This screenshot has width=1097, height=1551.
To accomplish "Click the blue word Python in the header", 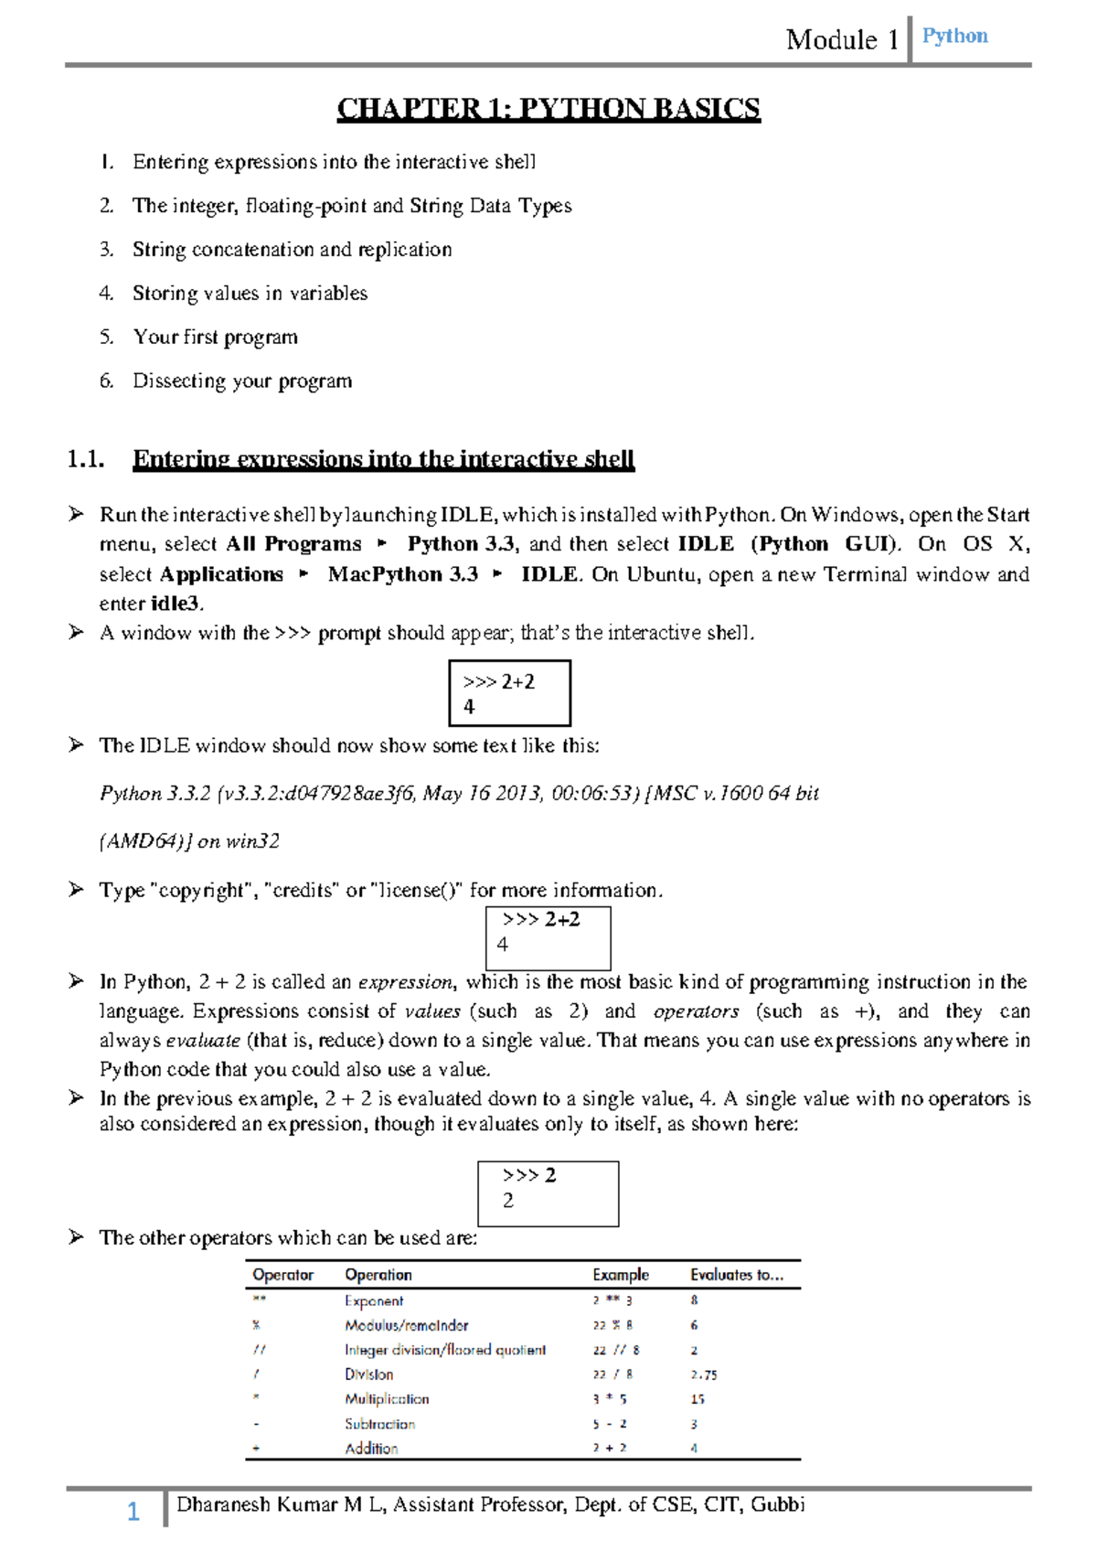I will pos(954,36).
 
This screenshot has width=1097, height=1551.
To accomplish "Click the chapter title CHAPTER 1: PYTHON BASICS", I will pos(548,109).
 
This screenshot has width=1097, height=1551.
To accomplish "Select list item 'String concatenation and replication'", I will pos(292,249).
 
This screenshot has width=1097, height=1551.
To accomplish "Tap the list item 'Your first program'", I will pos(215,337).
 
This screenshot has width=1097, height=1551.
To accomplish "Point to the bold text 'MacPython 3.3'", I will pos(402,574).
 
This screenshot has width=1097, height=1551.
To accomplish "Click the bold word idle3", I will pos(175,604).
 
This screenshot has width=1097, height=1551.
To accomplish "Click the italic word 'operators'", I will pos(696,1011).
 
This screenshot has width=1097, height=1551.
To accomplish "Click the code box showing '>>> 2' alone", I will pos(548,1193).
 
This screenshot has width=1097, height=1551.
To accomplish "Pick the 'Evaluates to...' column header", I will pos(736,1275).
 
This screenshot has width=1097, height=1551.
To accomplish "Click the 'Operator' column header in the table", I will pos(282,1275).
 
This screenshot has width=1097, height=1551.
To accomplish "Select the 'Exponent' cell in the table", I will pos(374,1300).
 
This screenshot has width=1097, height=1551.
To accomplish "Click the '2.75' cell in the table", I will pos(703,1375).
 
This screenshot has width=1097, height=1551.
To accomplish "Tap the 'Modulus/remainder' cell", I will pos(406,1325).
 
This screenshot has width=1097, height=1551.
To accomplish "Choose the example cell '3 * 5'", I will pos(609,1399).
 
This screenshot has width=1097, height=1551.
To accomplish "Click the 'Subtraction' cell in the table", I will pos(379,1424).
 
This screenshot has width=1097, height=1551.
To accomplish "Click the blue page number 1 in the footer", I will pos(133,1512).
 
